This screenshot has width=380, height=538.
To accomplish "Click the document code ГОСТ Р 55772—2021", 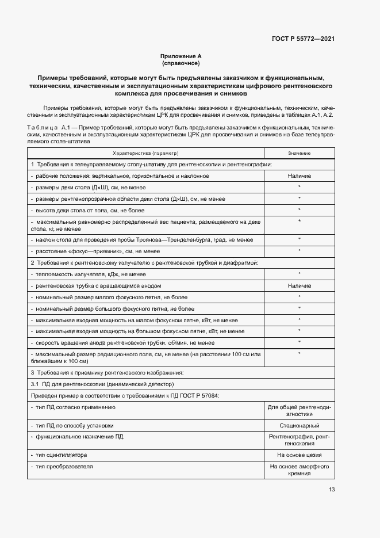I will tap(303, 39).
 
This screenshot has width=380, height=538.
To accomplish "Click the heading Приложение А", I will tap(181, 56).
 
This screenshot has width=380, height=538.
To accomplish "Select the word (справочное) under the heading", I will tap(181, 63).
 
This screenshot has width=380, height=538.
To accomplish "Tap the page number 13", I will tap(332, 490).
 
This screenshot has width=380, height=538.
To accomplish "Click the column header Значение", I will tap(299, 154).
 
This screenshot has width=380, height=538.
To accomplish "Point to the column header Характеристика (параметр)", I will tap(146, 154).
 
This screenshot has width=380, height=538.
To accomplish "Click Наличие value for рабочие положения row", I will tap(300, 175).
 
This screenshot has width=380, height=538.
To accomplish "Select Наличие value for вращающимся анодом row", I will tap(300, 285).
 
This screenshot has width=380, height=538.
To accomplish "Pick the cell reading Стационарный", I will tap(300, 426).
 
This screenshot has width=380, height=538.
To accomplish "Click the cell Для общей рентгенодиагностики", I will tap(300, 410).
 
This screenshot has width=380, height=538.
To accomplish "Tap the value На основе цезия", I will tap(300, 455).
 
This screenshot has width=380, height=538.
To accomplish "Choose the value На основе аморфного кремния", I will tap(300, 470).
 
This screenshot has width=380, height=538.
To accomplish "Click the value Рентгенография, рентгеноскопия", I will tap(300, 440).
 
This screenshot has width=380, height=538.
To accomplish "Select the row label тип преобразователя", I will tap(64, 466).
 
